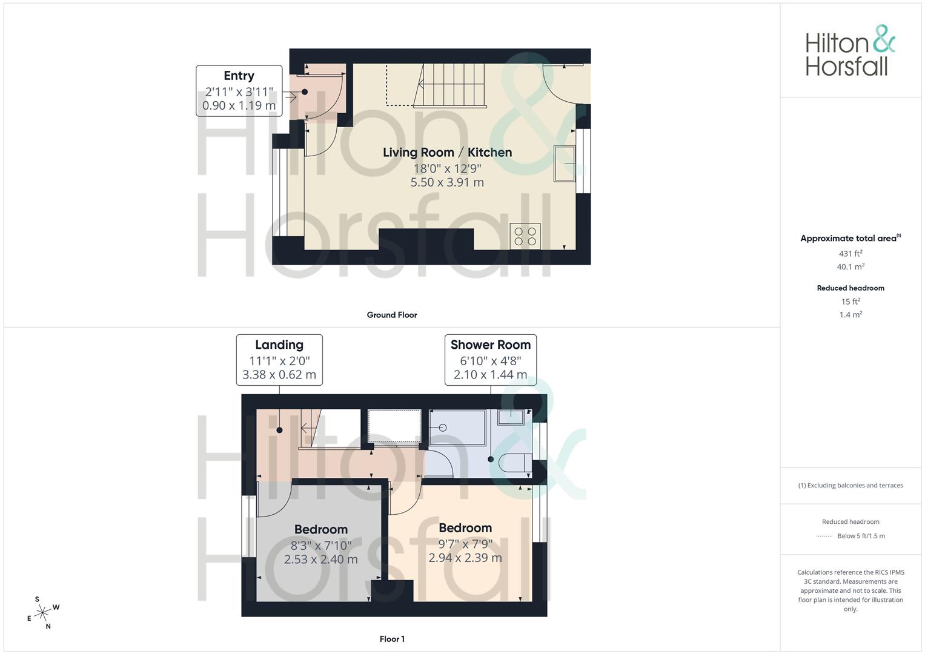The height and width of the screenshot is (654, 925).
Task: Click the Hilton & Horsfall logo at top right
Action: pyautogui.click(x=850, y=50)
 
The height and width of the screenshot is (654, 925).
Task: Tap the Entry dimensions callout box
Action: pyautogui.click(x=239, y=91)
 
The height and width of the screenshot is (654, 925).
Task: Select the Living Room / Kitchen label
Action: pyautogui.click(x=447, y=153)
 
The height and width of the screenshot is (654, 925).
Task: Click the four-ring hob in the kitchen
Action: pyautogui.click(x=525, y=236)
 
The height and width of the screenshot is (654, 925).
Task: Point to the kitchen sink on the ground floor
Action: pyautogui.click(x=565, y=163)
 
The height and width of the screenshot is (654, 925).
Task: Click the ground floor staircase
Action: pyautogui.click(x=450, y=85)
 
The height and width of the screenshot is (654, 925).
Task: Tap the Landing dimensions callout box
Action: pyautogui.click(x=279, y=360)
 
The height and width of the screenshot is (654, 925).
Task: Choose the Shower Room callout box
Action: pyautogui.click(x=491, y=360)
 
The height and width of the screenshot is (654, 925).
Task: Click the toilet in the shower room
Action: pyautogui.click(x=516, y=463)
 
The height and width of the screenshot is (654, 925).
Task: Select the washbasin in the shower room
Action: pyautogui.click(x=511, y=417)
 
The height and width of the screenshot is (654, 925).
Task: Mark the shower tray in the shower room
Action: pyautogui.click(x=457, y=428)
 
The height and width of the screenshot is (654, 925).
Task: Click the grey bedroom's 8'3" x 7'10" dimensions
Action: pyautogui.click(x=321, y=546)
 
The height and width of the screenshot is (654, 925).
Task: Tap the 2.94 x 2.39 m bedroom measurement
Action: pyautogui.click(x=465, y=558)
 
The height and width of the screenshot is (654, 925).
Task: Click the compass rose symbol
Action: pyautogui.click(x=43, y=613)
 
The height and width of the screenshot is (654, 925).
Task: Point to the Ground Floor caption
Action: pyautogui.click(x=392, y=315)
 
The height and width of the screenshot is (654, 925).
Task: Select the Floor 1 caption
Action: pyautogui.click(x=392, y=639)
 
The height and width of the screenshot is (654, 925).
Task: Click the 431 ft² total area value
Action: pyautogui.click(x=850, y=254)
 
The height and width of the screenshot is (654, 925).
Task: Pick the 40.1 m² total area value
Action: pyautogui.click(x=850, y=266)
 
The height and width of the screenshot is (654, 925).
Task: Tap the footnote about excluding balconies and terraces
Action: pyautogui.click(x=850, y=486)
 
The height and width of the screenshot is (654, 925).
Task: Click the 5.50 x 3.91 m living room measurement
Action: pyautogui.click(x=447, y=182)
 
